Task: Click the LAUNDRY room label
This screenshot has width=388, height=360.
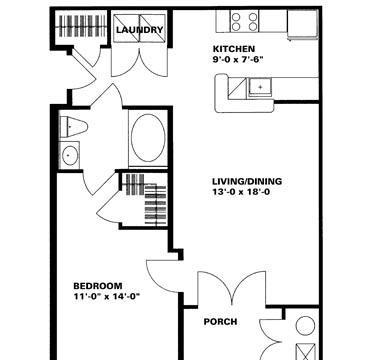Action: click(x=140, y=30)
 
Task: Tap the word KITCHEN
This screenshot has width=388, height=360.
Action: click(x=234, y=49)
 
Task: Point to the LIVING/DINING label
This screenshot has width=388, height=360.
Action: click(x=247, y=181)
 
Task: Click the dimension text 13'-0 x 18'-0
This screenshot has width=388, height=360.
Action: click(x=241, y=192)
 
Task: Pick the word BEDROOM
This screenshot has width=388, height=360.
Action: click(x=98, y=286)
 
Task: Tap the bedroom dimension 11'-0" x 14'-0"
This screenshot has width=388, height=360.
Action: click(x=106, y=296)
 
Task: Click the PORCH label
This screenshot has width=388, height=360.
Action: click(x=220, y=322)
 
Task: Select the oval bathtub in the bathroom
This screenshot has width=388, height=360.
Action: click(x=148, y=138)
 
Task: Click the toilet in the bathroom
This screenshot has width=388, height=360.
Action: click(x=73, y=127)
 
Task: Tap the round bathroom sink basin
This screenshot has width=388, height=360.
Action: click(x=70, y=155)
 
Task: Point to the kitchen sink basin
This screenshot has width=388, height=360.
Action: click(x=260, y=87)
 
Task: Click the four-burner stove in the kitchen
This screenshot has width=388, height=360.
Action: click(x=244, y=21)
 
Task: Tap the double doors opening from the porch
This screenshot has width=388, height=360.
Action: click(x=232, y=288)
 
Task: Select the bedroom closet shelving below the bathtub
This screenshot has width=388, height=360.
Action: click(x=146, y=199)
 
